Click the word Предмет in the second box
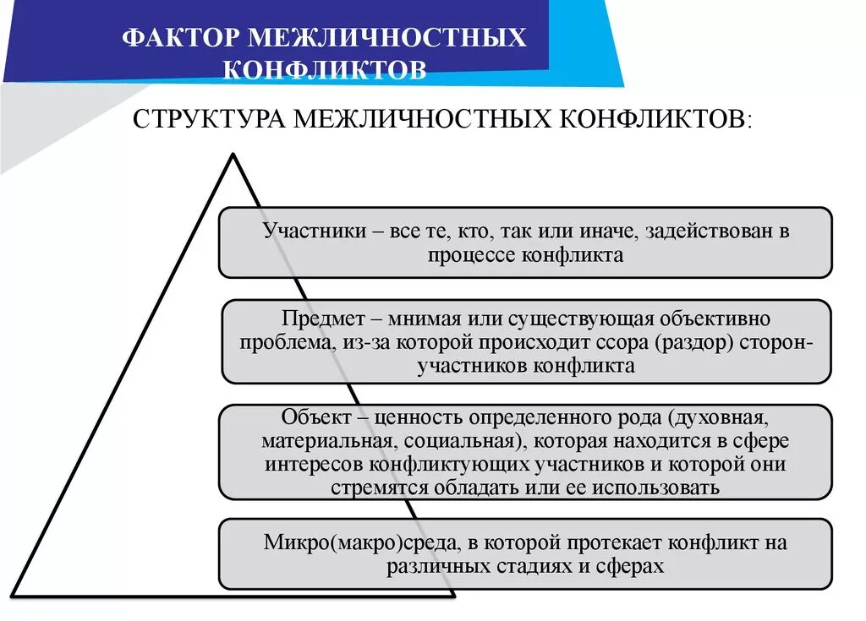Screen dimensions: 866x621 click(318, 320)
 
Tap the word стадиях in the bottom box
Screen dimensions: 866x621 click(539, 566)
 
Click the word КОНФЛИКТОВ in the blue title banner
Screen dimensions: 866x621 click(325, 69)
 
